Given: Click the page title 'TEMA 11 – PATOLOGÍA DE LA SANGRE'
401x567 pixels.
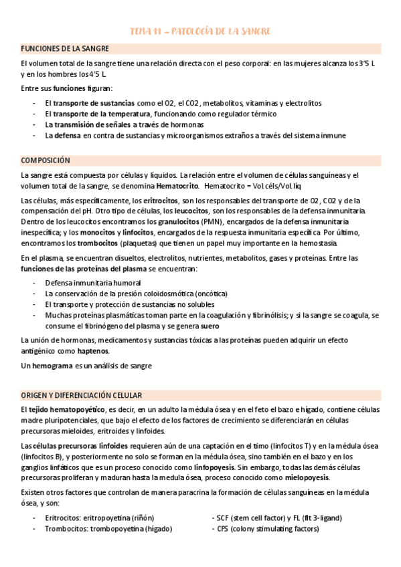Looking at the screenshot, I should [x=200, y=31].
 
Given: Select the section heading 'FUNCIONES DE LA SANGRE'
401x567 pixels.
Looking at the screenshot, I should [x=65, y=49].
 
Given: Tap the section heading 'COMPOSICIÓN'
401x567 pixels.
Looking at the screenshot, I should [x=46, y=160].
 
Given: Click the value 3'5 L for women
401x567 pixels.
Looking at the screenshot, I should [x=357, y=63].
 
